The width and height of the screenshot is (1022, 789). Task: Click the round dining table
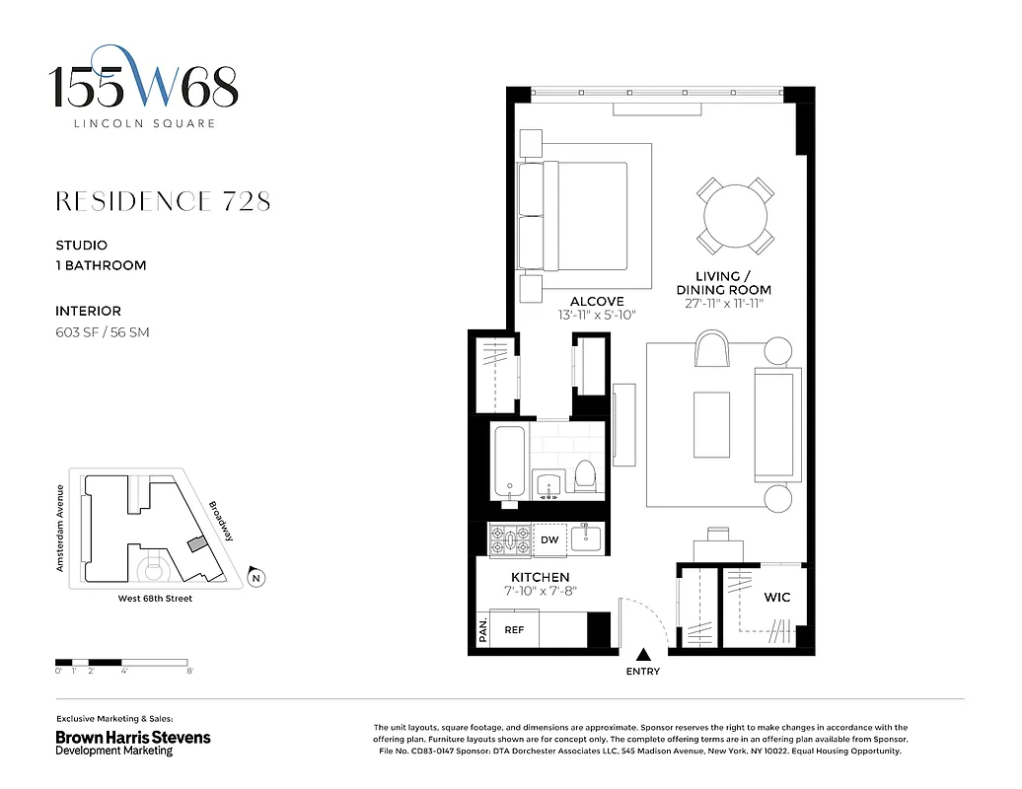tap(736, 215)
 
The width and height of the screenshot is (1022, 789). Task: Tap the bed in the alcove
tap(577, 216)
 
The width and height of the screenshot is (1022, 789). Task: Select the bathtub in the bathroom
tap(510, 461)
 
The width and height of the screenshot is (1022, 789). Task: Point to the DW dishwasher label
tap(549, 539)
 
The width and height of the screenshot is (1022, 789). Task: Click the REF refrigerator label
tap(514, 629)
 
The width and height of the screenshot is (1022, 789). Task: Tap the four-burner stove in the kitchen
tap(510, 539)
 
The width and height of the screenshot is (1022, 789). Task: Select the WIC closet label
tap(776, 598)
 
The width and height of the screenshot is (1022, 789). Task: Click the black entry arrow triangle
tap(643, 654)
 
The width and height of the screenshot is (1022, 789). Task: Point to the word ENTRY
tap(643, 672)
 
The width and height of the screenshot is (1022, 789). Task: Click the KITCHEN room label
tap(540, 577)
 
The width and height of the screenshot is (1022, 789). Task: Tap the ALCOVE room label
tap(597, 301)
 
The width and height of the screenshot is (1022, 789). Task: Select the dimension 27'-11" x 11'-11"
tap(723, 304)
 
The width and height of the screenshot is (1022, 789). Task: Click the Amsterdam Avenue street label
tap(60, 528)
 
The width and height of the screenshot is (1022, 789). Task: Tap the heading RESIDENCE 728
tap(163, 201)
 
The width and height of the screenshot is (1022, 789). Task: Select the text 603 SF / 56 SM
tap(103, 332)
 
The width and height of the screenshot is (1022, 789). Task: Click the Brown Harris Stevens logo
tap(132, 742)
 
